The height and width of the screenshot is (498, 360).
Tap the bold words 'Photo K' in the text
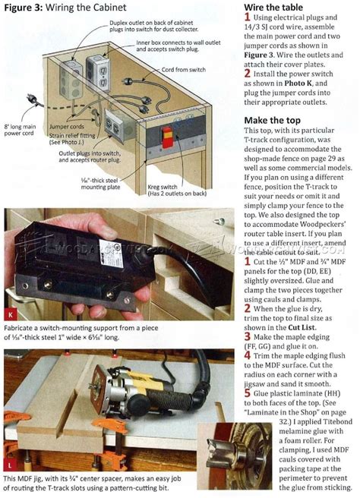305,87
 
